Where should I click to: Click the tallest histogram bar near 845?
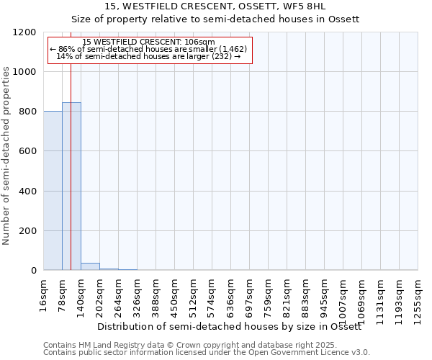71,187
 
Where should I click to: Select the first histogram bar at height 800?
53,191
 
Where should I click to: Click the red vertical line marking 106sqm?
71,180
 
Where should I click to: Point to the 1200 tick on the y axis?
29,32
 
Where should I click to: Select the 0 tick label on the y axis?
33,271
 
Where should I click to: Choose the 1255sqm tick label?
418,299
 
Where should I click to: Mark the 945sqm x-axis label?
325,295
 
